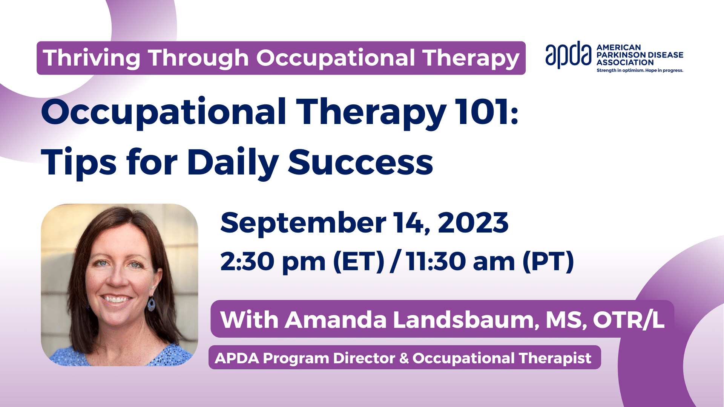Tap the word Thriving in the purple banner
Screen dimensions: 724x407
(x=92, y=58)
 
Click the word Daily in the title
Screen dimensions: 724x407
(x=233, y=163)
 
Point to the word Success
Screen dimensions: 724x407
(x=360, y=162)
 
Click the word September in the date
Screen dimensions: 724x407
(x=303, y=223)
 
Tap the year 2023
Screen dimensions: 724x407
(x=473, y=223)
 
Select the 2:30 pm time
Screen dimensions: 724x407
(x=273, y=261)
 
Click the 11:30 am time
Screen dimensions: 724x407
(x=460, y=261)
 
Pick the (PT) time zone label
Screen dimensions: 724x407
(x=548, y=261)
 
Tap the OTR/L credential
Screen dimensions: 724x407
(x=629, y=320)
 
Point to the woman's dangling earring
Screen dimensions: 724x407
(x=151, y=303)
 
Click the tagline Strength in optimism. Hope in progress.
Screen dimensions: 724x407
(x=640, y=70)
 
